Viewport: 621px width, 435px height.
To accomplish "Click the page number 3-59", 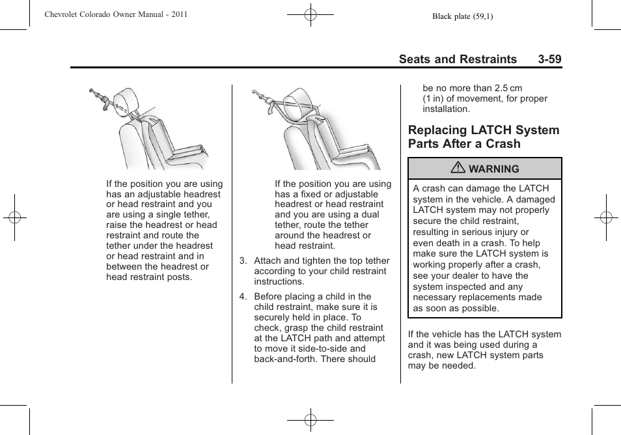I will [549, 59].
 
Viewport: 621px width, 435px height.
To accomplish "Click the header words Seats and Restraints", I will [458, 59].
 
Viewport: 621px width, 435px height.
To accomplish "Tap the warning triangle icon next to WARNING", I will [460, 169].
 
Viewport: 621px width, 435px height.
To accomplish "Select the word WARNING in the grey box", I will [493, 169].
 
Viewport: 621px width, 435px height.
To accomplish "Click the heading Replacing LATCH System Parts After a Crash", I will [483, 137].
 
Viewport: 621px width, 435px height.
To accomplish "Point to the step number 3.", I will [242, 261].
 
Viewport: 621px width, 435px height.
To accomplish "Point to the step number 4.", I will [242, 296].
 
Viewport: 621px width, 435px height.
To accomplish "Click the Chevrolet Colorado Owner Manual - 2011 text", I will [116, 14].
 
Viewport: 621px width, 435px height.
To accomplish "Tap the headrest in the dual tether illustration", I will [297, 99].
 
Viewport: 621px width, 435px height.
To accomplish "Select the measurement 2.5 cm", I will [508, 89].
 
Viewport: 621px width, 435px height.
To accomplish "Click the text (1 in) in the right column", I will [436, 99].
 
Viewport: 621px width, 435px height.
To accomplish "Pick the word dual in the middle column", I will [368, 215].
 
